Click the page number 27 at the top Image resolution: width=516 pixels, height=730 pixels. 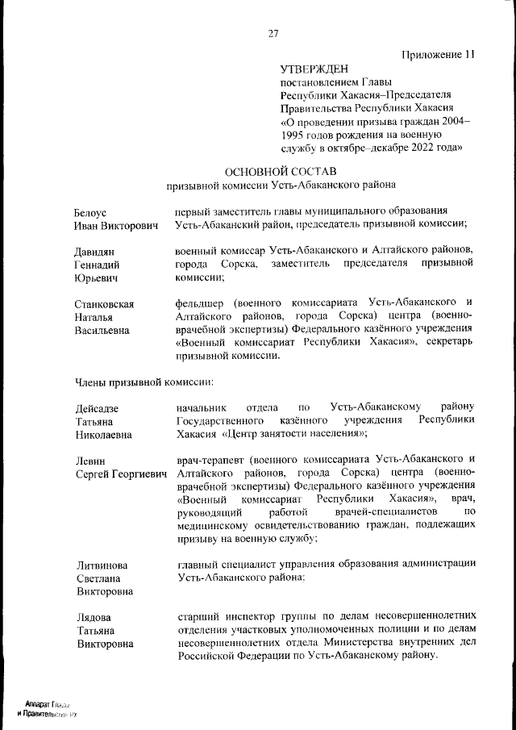click(273, 33)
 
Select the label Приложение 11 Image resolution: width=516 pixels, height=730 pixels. click(438, 55)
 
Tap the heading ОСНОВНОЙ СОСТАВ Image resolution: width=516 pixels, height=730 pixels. click(281, 171)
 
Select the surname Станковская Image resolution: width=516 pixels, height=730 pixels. click(104, 304)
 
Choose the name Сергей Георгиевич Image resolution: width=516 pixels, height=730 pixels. click(121, 473)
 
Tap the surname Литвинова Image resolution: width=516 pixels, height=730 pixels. click(102, 565)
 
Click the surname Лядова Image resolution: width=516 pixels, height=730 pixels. click(94, 617)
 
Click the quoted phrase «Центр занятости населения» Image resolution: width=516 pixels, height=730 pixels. click(293, 434)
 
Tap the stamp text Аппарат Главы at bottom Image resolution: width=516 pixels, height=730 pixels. click(48, 705)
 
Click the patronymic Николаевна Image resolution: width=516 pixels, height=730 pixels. click(105, 435)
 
